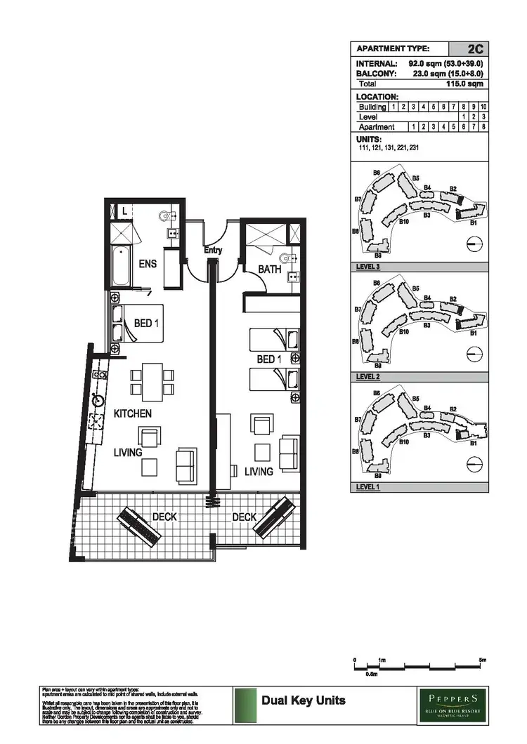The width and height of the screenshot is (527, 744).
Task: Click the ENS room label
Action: [147, 264]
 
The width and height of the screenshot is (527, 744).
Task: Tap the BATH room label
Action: [270, 269]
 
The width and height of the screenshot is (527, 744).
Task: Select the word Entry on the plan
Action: [213, 251]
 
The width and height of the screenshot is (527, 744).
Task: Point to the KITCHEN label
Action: [133, 414]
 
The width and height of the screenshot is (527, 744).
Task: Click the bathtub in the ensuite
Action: [121, 267]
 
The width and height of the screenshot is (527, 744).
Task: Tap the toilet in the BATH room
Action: [286, 257]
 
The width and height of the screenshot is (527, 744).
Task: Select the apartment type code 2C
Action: [474, 49]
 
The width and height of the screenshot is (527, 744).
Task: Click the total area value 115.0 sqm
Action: [465, 84]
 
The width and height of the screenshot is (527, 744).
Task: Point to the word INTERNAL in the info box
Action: [377, 63]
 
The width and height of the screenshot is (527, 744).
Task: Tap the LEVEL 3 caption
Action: [367, 267]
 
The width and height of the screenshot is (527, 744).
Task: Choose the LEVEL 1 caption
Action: [367, 486]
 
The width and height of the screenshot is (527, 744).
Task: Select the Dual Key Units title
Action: [303, 700]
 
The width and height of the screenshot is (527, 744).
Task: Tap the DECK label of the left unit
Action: [164, 517]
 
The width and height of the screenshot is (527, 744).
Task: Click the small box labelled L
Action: [124, 210]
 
